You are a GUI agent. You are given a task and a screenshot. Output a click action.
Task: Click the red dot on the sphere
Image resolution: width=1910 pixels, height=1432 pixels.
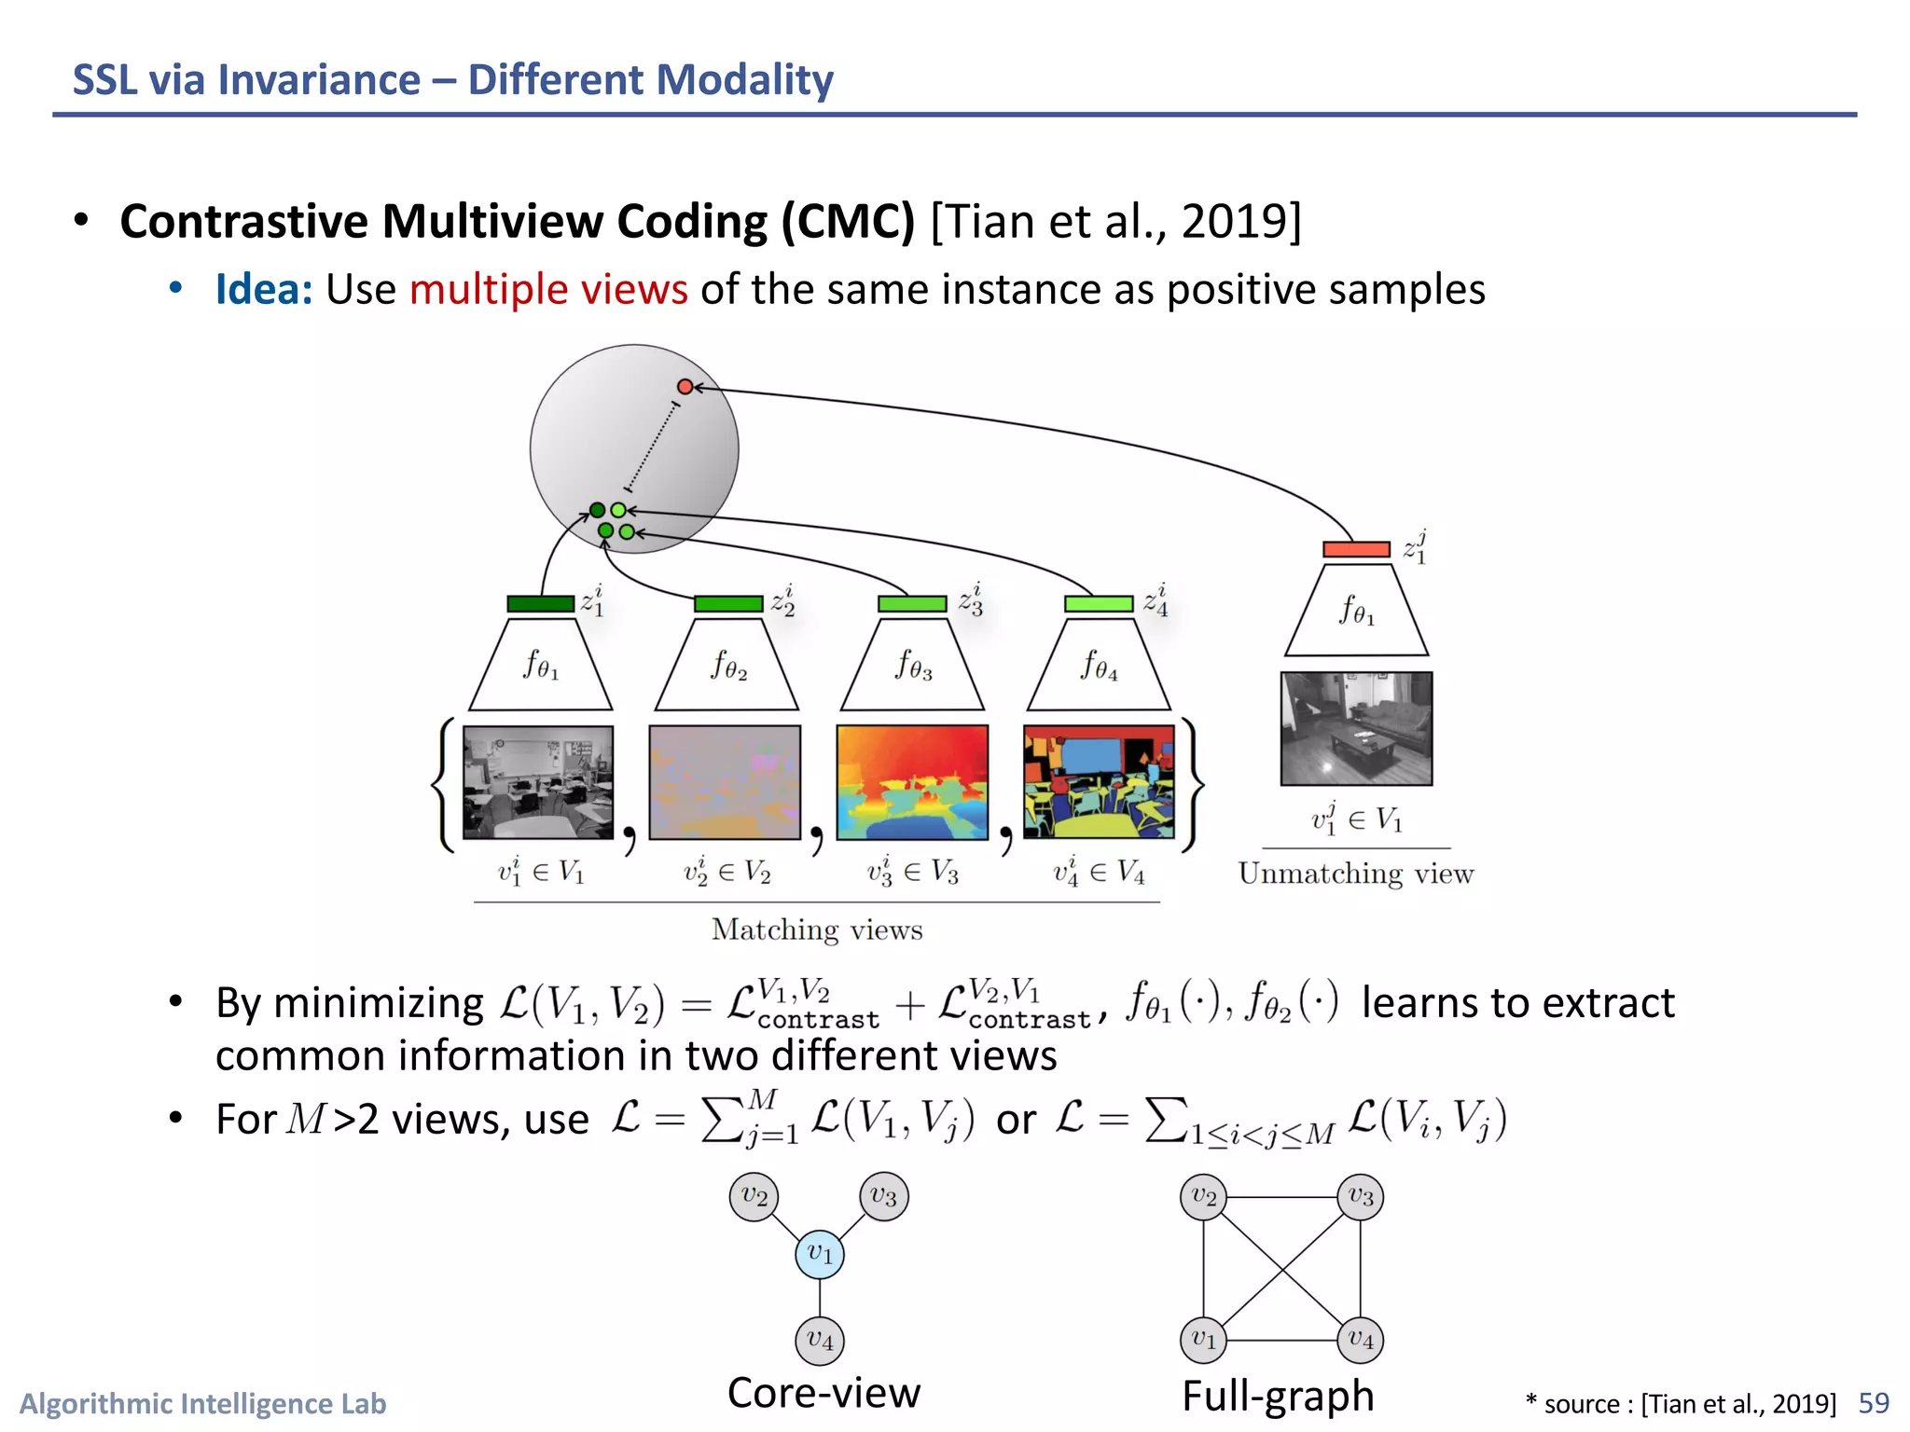685,386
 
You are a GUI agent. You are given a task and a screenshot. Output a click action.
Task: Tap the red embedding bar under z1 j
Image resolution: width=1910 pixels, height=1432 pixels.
1356,549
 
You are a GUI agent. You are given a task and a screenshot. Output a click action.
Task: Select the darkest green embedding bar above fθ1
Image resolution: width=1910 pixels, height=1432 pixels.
540,604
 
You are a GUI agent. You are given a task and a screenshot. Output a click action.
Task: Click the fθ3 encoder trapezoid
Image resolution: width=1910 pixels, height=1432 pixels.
912,665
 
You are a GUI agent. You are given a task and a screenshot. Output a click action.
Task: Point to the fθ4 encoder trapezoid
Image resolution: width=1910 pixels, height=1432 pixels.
1099,665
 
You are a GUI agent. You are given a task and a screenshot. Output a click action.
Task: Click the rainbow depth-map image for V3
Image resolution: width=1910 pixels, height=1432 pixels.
912,782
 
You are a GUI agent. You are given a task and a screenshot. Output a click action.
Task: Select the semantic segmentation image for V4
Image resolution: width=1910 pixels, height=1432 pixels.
1099,782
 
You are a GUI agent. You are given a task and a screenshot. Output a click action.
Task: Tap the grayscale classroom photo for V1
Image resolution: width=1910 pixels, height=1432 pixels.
538,782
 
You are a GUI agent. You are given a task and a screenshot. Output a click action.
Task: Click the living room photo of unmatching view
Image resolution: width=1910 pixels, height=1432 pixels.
1356,728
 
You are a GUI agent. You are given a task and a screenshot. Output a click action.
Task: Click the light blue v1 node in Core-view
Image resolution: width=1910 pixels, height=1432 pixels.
820,1254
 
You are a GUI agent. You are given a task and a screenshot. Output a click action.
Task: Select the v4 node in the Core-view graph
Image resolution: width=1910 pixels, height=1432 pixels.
820,1341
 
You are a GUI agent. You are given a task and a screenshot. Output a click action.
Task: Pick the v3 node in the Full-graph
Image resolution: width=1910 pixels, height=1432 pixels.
1360,1197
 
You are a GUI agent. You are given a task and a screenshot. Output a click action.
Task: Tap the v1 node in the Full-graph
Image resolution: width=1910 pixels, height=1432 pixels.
1204,1341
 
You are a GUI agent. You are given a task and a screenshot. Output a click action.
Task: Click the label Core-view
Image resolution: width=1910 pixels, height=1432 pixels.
824,1393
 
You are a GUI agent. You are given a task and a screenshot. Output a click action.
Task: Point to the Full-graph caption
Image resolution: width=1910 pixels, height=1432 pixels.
1278,1396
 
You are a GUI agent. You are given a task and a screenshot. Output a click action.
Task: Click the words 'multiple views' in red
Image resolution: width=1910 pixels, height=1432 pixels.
548,289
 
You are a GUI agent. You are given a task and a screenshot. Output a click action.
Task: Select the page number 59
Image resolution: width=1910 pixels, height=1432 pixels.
1873,1403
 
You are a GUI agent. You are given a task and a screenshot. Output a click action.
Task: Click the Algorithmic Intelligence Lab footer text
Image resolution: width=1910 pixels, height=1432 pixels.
203,1403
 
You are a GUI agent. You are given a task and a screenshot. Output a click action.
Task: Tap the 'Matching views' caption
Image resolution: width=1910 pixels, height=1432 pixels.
817,929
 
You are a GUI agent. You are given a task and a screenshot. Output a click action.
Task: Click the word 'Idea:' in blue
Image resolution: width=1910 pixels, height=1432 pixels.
263,289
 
